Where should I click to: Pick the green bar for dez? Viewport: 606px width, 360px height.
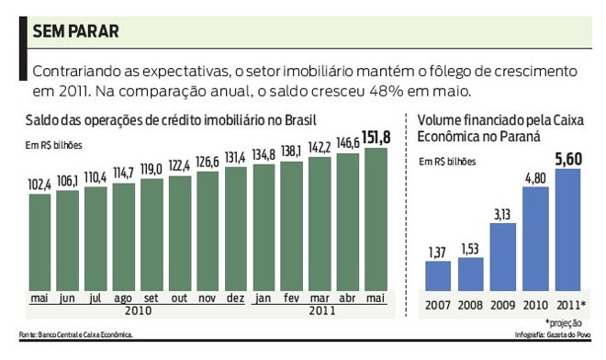point(236,230)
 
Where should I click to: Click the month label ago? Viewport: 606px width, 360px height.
point(124,298)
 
